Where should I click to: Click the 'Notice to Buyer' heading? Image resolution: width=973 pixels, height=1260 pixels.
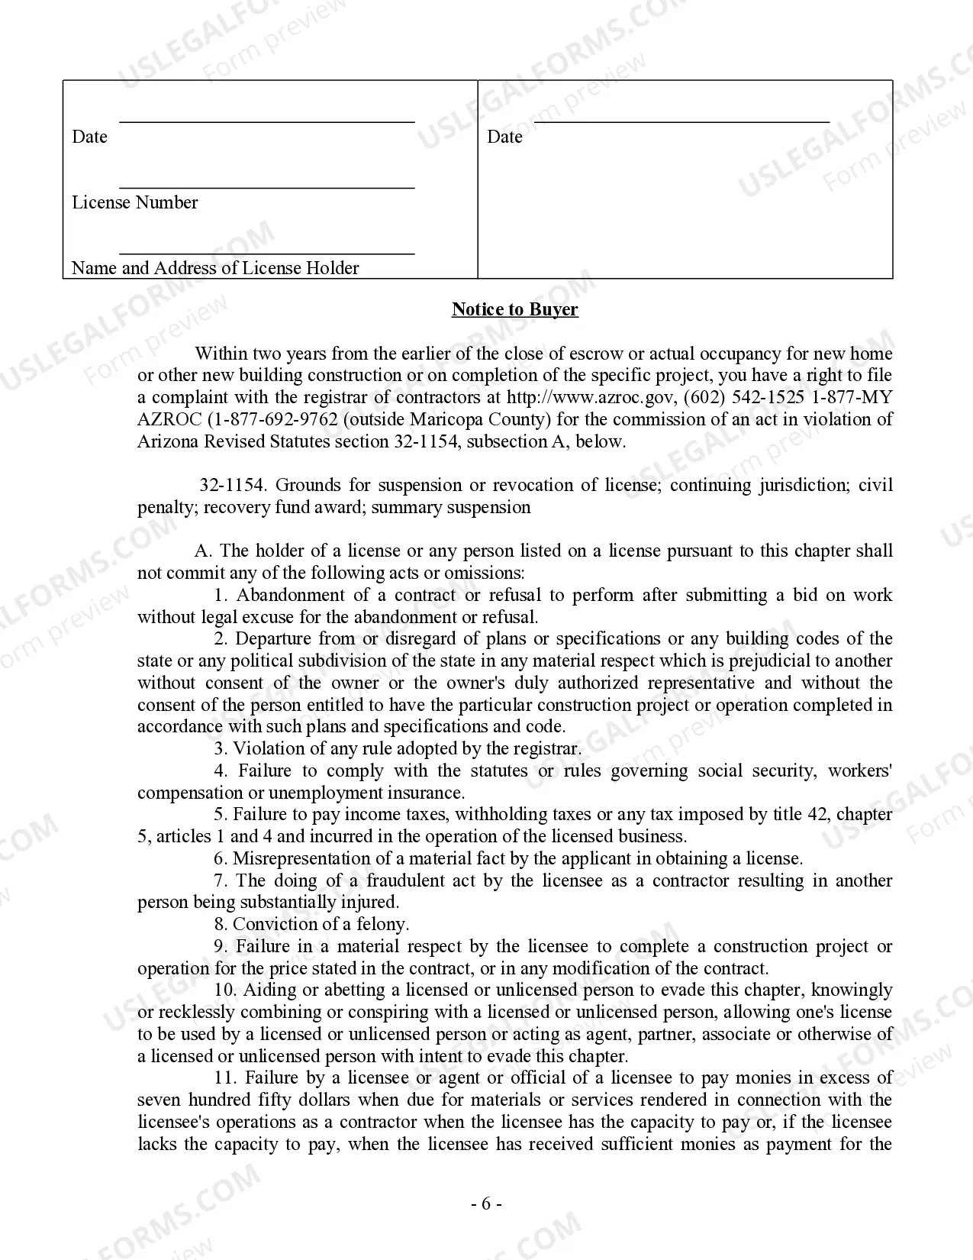515,309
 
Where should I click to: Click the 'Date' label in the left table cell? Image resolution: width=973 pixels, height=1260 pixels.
89,137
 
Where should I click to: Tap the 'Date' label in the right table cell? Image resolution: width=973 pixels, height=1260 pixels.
504,137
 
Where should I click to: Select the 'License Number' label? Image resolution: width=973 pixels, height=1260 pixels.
135,202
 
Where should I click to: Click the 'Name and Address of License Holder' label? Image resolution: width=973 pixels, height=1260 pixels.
215,268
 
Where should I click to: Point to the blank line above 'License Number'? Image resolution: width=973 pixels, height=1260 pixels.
267,187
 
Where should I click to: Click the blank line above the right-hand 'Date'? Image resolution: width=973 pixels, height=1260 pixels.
681,121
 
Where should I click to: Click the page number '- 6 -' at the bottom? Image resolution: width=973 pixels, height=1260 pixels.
486,1204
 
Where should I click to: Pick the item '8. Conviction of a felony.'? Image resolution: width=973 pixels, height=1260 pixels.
311,924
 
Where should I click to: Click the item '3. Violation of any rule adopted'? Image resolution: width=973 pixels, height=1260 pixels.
397,748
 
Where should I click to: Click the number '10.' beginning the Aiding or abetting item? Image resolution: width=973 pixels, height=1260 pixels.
226,990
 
